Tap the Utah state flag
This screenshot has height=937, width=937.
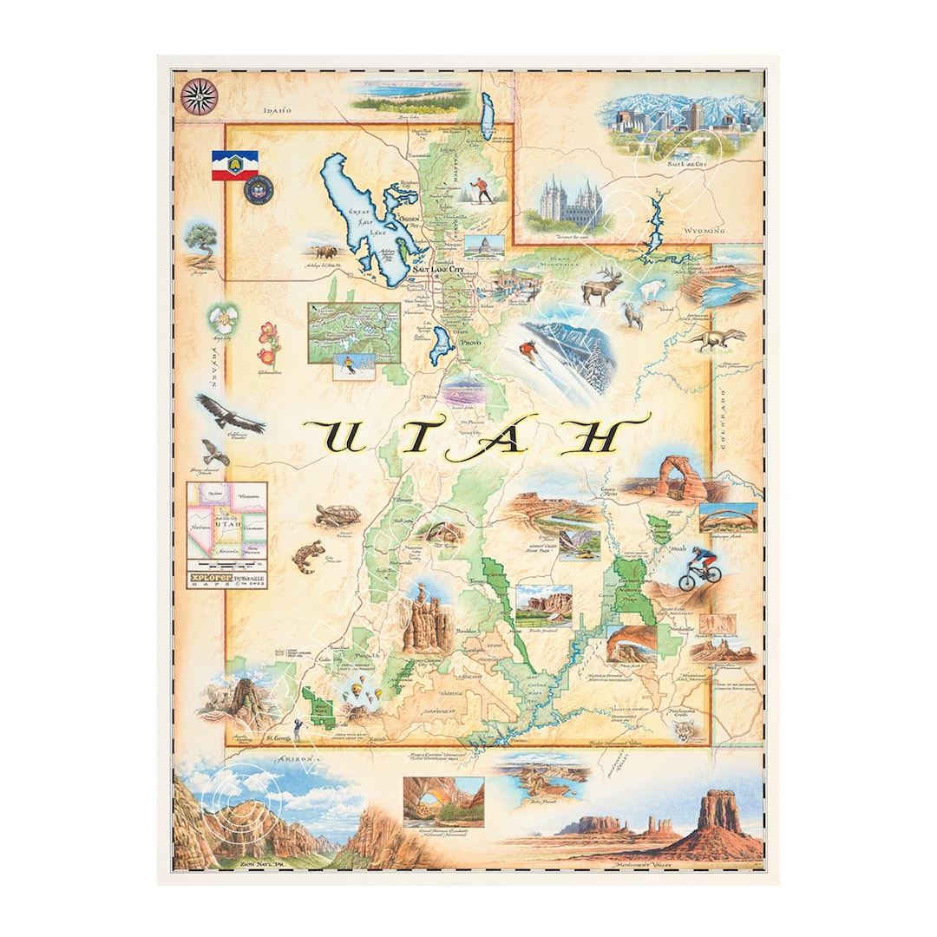click(x=234, y=165)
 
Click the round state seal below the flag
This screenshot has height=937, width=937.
click(x=258, y=190)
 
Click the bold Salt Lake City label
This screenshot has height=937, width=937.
click(x=439, y=270)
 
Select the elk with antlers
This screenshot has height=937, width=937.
click(x=601, y=285)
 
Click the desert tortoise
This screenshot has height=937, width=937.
click(x=337, y=515)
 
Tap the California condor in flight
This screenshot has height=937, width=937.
click(x=229, y=413)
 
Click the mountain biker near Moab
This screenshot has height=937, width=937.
click(x=700, y=570)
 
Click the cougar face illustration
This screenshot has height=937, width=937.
click(x=687, y=731)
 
